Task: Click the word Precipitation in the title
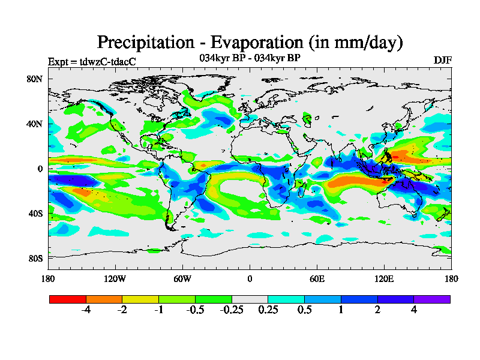click(x=145, y=43)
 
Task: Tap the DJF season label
click(x=442, y=61)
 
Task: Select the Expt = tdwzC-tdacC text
click(x=91, y=61)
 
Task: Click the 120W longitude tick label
click(x=115, y=278)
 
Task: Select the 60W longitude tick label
click(x=182, y=278)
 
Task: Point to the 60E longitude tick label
click(x=317, y=278)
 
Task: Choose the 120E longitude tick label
click(x=384, y=278)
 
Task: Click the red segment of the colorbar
click(x=68, y=299)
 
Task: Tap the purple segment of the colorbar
click(x=432, y=299)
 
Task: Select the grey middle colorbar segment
click(x=250, y=299)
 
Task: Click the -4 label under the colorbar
click(x=86, y=310)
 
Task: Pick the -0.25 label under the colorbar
click(x=231, y=310)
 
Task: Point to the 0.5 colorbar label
click(x=305, y=310)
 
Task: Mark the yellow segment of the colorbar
click(x=140, y=299)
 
